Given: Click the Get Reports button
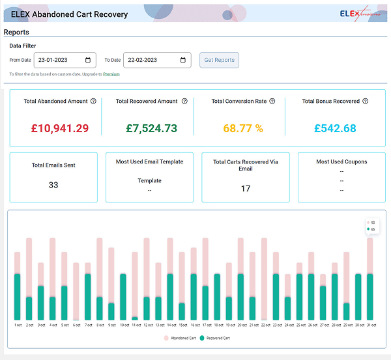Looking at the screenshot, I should (219, 60).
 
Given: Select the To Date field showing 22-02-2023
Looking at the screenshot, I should (151, 60).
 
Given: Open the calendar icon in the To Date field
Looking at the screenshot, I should (183, 60).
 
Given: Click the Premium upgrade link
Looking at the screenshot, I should (111, 74).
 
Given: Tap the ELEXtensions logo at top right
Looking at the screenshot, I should (361, 13).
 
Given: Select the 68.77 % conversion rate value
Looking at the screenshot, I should (243, 128).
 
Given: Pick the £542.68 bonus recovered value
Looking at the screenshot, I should (335, 128).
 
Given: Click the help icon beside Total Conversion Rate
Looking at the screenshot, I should (272, 102).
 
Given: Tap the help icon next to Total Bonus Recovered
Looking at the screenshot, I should (365, 102).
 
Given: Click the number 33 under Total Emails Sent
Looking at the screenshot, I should (53, 185).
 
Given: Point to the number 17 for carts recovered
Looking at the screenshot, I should (246, 188).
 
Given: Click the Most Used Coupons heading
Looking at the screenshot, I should (341, 161).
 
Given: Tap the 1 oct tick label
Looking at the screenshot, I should (18, 325).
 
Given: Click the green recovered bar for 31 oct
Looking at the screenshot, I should (369, 297).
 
